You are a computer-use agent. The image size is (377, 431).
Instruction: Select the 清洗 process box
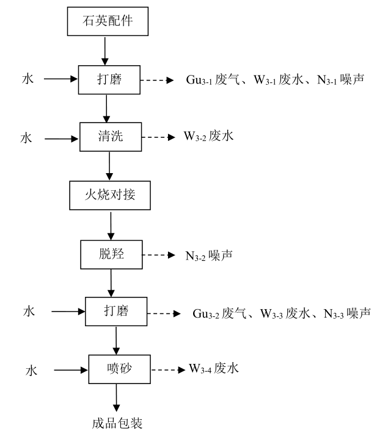coord(111,137)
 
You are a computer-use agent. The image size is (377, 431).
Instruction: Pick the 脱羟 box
coord(111,255)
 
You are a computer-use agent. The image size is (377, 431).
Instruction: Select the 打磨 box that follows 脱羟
coord(117,312)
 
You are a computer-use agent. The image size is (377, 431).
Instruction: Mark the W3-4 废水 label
coord(213,369)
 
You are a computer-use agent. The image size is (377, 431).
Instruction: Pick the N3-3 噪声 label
coord(345,313)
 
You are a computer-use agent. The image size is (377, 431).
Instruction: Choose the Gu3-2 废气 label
coord(216,313)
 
